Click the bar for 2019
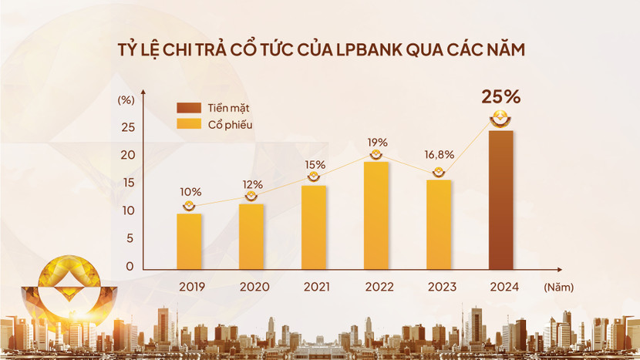(189, 241)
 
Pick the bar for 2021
(314, 227)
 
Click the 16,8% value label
(439, 155)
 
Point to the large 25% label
(501, 97)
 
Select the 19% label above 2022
(377, 143)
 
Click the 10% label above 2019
(190, 192)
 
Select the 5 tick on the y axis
(130, 238)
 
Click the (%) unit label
(125, 99)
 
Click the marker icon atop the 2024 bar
(501, 119)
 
